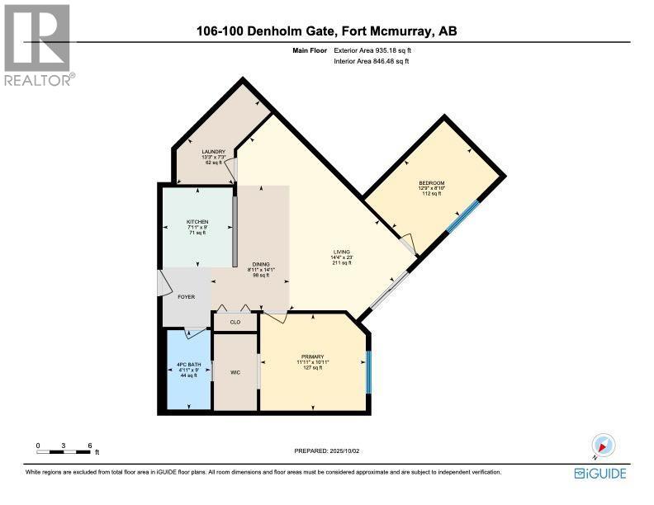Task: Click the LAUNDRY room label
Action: (214, 152)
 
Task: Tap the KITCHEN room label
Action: (197, 222)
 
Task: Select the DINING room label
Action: (260, 264)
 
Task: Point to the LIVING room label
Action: (341, 252)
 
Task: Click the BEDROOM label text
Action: (431, 182)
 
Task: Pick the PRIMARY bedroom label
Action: (312, 356)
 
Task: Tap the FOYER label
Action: (186, 297)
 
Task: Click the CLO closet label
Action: (235, 323)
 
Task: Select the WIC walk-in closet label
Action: (235, 372)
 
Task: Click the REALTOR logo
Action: (38, 43)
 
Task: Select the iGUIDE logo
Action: (599, 473)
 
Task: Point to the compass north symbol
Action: (602, 446)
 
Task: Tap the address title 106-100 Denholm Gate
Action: (327, 31)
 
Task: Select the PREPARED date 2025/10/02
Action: (327, 451)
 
